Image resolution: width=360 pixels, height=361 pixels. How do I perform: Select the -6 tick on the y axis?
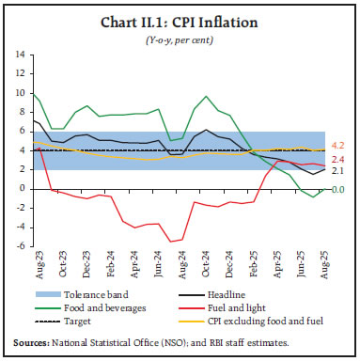[21, 245]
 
